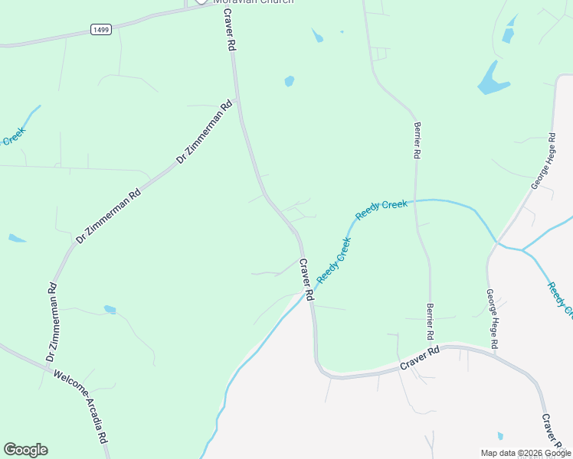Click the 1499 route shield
(100, 29)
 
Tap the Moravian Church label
(253, 2)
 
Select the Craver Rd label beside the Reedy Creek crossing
(306, 278)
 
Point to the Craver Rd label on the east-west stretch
(421, 359)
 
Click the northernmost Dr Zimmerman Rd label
(205, 133)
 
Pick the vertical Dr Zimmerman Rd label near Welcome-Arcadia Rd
(52, 322)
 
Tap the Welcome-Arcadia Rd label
(80, 407)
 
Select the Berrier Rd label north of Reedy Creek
(417, 140)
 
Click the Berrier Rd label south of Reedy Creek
(431, 321)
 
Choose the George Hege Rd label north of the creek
(542, 161)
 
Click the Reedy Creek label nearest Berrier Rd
(381, 208)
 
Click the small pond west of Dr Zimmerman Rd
(17, 239)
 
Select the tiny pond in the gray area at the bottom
(500, 436)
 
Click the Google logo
(25, 450)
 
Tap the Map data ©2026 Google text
(525, 453)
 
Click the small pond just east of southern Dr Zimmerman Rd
(110, 310)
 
